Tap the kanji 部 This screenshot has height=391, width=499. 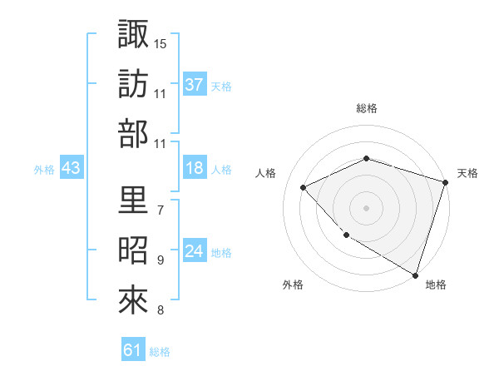point(133,134)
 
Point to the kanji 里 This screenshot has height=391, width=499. point(133,200)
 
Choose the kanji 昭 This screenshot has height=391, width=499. point(133,250)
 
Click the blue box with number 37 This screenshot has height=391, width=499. point(195,84)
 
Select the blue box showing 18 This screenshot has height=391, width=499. point(195,169)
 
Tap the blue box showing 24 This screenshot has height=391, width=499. point(195,252)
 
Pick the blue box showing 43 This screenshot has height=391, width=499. point(72,169)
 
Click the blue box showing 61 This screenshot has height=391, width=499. point(133,351)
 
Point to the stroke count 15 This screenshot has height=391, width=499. point(161,42)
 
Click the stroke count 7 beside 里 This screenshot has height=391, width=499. point(160,210)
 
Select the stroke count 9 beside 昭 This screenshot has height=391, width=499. point(160,260)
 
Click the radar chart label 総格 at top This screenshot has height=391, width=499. point(366,109)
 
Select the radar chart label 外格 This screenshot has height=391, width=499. point(293,285)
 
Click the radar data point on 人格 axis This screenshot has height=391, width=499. point(304,187)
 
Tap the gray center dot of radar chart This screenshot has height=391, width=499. point(366,207)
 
